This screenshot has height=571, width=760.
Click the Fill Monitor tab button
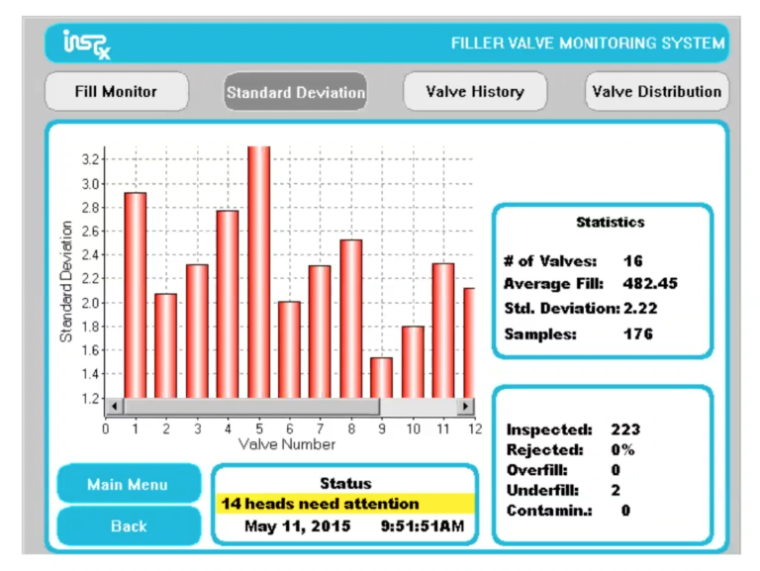(116, 92)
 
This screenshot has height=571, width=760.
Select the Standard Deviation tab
(295, 93)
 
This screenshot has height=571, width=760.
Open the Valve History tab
(474, 92)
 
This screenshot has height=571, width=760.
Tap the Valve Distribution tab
(656, 92)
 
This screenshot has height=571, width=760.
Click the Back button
(129, 525)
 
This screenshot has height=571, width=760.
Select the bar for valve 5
(258, 272)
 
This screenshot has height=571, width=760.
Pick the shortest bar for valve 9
(381, 377)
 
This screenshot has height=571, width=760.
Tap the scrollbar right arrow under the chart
(465, 406)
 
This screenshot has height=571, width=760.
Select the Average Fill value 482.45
(650, 284)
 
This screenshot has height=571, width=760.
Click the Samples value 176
(638, 334)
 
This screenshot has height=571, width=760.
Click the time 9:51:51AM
(422, 526)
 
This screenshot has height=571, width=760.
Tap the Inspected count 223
(625, 429)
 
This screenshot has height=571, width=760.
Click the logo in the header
(86, 44)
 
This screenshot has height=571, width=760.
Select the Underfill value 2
(616, 490)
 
